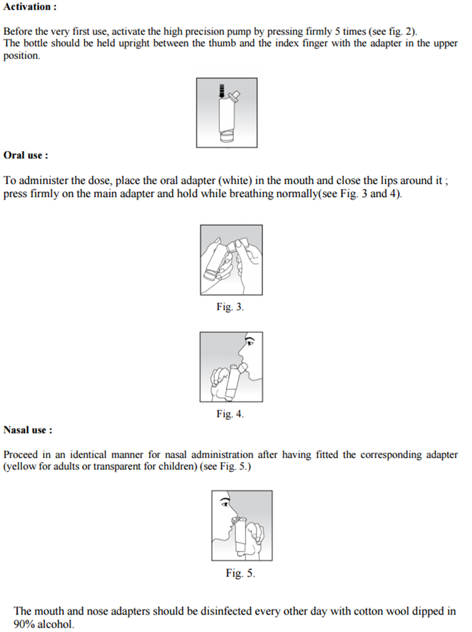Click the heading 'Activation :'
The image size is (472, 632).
pyautogui.click(x=30, y=7)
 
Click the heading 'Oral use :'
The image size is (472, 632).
pyautogui.click(x=26, y=155)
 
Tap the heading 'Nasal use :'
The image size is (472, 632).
pyautogui.click(x=28, y=430)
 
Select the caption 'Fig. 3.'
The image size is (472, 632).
pyautogui.click(x=230, y=307)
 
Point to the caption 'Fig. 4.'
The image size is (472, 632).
pyautogui.click(x=230, y=414)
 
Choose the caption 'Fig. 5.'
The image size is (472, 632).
pyautogui.click(x=240, y=573)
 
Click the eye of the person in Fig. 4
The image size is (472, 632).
pyautogui.click(x=250, y=342)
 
